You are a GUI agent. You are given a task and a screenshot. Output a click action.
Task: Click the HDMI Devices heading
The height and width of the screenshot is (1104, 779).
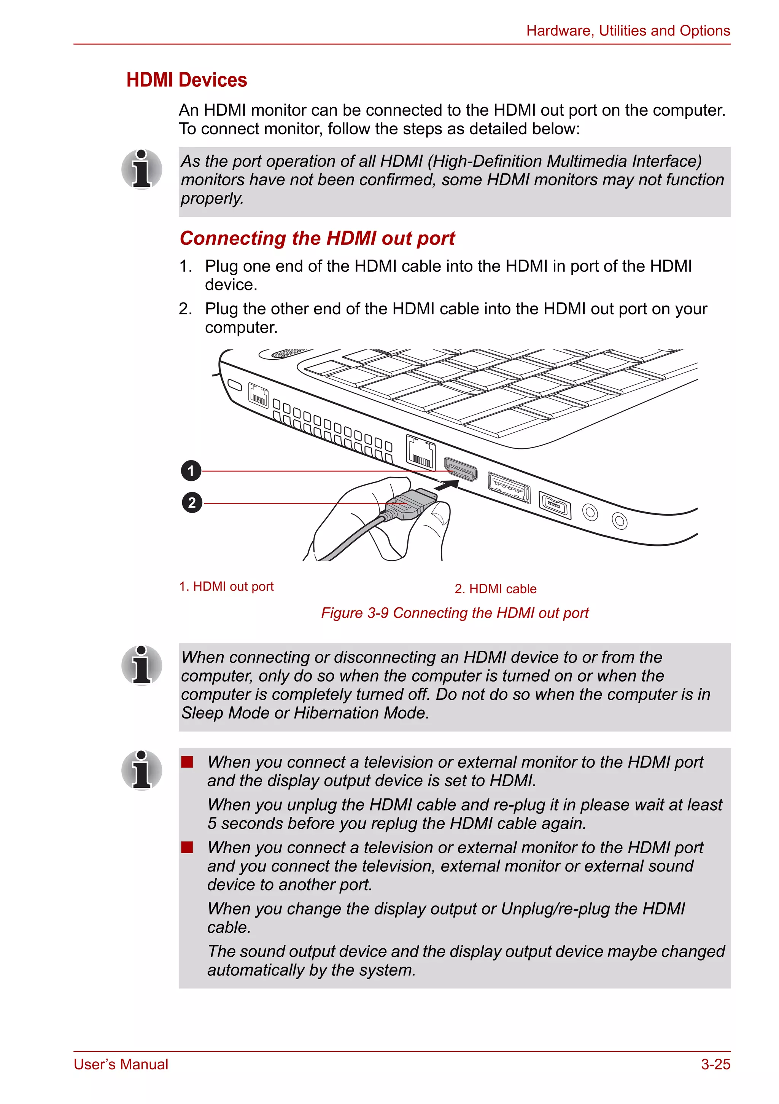coord(186,80)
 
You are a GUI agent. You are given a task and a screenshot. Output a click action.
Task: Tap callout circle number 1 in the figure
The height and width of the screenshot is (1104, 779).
coord(191,471)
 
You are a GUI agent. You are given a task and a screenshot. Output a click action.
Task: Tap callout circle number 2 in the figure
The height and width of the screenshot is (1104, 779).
coord(192,503)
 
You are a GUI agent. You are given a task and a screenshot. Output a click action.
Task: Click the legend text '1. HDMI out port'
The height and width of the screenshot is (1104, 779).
coord(226,586)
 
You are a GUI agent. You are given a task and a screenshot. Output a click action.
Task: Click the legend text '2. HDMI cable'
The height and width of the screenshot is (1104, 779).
coord(496,589)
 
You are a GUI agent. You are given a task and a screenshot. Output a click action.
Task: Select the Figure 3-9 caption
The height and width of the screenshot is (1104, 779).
coord(455,613)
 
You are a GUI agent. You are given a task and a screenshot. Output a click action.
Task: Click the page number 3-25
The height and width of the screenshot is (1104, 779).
coord(715,1064)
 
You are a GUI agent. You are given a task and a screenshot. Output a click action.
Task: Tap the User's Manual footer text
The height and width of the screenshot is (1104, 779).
coord(121,1064)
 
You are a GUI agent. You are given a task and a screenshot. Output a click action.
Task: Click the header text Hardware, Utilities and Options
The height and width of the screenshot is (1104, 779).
coord(628,31)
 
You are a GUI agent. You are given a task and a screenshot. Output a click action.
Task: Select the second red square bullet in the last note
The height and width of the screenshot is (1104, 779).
coord(187,847)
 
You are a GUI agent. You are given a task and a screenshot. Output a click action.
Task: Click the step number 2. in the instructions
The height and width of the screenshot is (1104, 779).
coord(186,309)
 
